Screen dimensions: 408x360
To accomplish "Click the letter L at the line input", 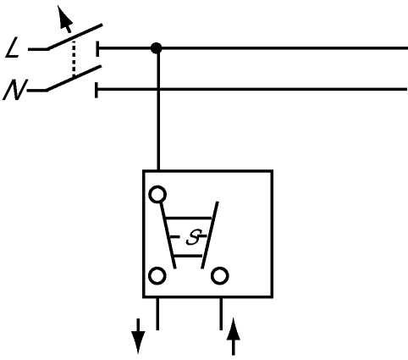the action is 12,48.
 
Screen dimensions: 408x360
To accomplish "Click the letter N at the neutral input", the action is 14,90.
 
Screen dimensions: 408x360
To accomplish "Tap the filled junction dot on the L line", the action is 157,48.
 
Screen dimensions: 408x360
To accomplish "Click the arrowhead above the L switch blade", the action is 65,17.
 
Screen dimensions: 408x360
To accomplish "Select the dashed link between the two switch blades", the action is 74,58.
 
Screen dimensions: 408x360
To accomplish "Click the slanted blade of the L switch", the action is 74,37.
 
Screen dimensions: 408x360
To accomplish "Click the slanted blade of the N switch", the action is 74,78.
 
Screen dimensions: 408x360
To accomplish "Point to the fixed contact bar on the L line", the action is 97,48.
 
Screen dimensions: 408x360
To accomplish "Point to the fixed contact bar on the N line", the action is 96,90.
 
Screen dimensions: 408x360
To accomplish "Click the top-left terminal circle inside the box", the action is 157,194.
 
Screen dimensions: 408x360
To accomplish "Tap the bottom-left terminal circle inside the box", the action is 157,276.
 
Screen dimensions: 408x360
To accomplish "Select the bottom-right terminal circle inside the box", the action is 220,276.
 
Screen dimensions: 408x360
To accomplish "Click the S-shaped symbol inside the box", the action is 194,236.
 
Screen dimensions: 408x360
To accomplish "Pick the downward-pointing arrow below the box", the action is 138,336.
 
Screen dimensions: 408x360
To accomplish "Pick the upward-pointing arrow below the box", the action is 234,336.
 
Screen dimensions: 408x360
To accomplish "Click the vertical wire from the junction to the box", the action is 158,109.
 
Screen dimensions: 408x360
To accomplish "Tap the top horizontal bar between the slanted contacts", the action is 188,218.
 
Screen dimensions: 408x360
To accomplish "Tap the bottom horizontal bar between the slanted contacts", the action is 188,256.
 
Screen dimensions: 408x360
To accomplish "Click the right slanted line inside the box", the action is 210,235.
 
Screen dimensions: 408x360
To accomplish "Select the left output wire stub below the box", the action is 157,313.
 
